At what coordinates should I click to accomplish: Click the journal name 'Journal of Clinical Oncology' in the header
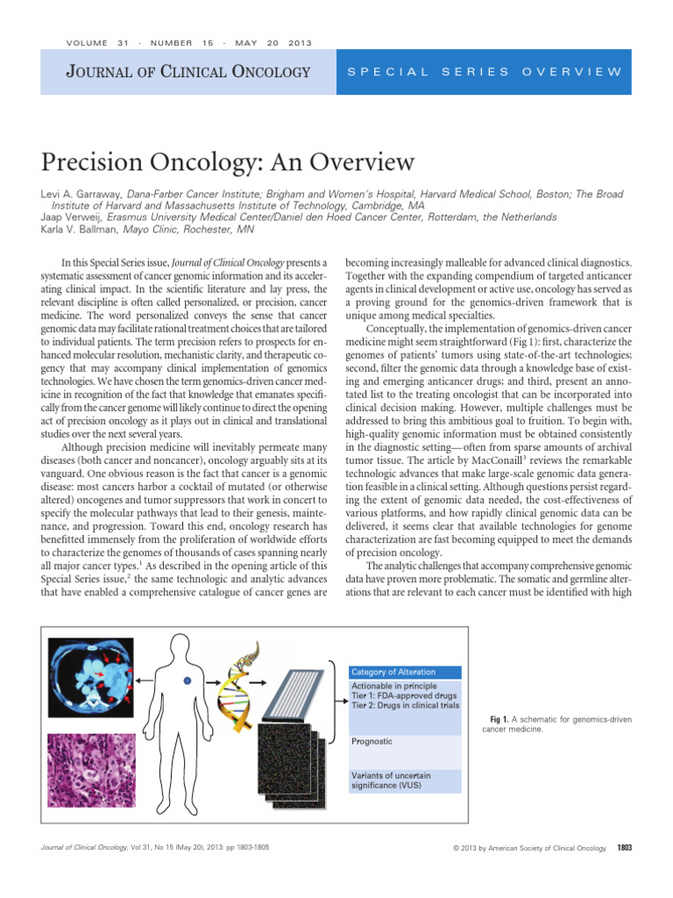(x=188, y=71)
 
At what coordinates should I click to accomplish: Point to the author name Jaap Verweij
(x=67, y=217)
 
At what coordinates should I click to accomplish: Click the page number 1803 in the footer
(x=624, y=847)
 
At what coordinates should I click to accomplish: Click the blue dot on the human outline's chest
(x=185, y=681)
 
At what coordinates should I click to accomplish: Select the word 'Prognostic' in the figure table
(x=372, y=741)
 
